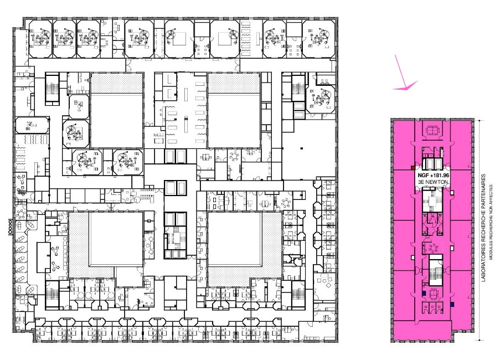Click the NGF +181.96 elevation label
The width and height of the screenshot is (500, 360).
(434, 175)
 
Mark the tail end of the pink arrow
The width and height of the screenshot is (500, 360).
(395, 55)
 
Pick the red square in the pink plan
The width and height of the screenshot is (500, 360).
(413, 167)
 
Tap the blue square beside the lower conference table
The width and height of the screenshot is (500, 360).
(424, 294)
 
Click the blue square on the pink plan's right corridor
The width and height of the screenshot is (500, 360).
(452, 305)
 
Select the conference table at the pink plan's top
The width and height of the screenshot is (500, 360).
(432, 130)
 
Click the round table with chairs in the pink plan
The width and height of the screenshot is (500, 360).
(434, 248)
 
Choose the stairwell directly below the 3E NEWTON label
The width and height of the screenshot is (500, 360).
(432, 200)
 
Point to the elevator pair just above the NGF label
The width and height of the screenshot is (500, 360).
(432, 164)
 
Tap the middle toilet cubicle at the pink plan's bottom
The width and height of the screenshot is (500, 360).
(432, 307)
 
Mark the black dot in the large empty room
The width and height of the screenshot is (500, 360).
(302, 148)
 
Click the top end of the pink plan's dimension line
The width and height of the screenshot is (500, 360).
(480, 120)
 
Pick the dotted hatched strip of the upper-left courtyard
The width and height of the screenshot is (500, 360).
(117, 83)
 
